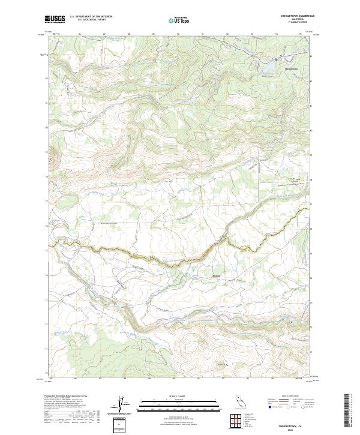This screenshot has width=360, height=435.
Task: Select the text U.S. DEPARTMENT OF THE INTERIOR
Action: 91,17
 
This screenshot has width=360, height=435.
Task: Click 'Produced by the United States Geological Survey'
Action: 67,397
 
